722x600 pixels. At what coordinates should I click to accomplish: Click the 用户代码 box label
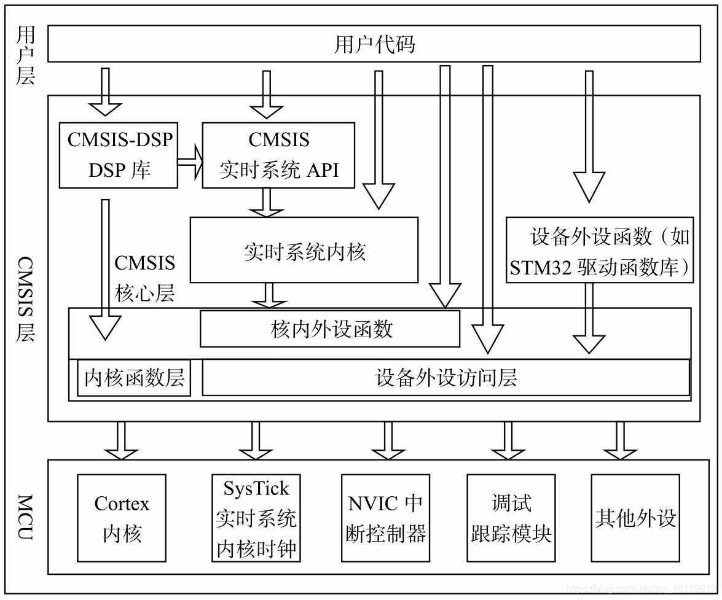click(374, 44)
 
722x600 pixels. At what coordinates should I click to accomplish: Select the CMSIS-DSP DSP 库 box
click(119, 155)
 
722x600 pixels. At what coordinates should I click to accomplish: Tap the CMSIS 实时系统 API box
click(278, 155)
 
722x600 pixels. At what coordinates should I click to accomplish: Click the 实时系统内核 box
click(304, 251)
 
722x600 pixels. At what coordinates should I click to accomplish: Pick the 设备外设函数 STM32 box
click(600, 251)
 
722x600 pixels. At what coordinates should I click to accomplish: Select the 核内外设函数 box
click(330, 329)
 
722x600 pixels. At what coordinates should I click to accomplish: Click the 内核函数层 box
click(134, 378)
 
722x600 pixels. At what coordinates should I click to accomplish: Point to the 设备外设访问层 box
click(445, 378)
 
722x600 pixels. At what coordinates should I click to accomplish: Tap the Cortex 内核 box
click(122, 518)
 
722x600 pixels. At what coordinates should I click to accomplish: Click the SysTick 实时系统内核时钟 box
click(256, 518)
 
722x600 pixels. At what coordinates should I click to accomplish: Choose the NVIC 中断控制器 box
click(385, 518)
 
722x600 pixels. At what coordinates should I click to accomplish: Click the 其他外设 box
click(635, 518)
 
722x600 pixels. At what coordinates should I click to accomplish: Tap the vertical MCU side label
click(25, 517)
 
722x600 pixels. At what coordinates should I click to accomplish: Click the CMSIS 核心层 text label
click(145, 278)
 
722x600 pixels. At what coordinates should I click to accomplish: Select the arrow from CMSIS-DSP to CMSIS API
click(190, 163)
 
